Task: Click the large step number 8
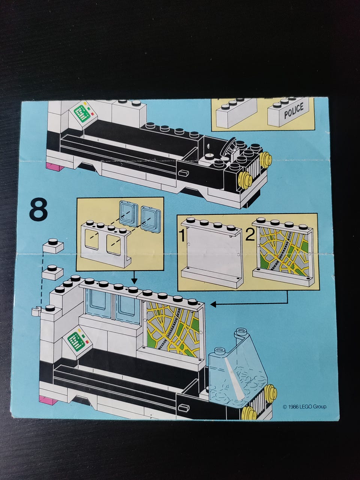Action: click(39, 210)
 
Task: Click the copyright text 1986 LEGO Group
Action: click(305, 407)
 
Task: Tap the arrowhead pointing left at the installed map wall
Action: click(213, 304)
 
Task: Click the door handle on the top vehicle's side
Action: click(183, 173)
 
